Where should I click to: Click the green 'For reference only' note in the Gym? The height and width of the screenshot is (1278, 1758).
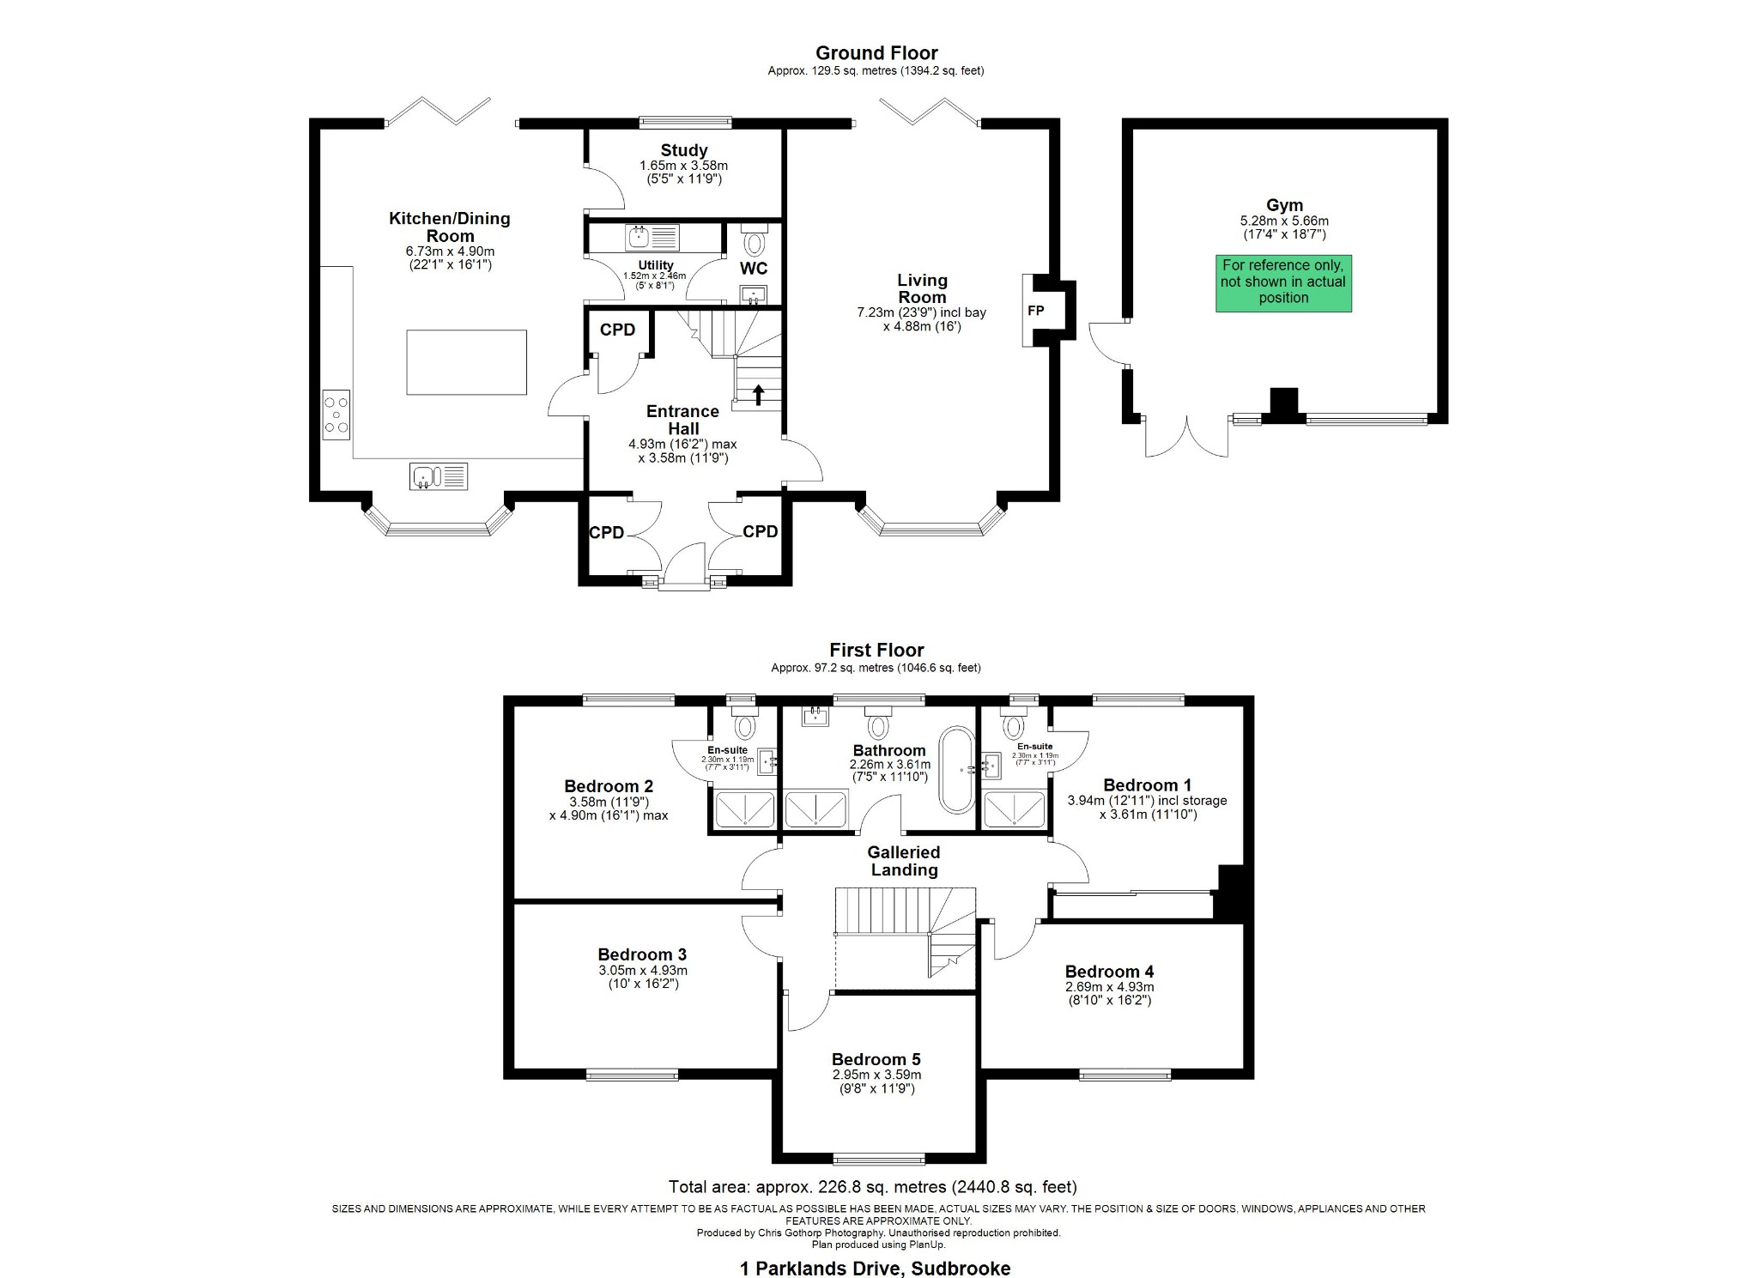(1282, 282)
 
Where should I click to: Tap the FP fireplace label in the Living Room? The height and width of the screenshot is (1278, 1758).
(1035, 311)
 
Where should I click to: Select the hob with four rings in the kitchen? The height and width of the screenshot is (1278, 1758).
(336, 415)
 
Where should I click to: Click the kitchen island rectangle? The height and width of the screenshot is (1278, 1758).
(466, 362)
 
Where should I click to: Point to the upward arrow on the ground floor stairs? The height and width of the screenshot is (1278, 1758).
(758, 394)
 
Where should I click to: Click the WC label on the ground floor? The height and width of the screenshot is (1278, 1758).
(753, 269)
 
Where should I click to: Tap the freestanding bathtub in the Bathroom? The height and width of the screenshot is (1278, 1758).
(956, 770)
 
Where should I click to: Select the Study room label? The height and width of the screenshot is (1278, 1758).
(683, 150)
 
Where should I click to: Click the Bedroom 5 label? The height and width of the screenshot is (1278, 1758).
(876, 1059)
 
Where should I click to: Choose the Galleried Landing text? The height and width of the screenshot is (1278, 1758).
(903, 861)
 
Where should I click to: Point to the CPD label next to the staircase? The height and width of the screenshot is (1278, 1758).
(617, 330)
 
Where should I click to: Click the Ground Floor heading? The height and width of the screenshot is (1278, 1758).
(876, 53)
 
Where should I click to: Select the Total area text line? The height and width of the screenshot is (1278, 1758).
(872, 1187)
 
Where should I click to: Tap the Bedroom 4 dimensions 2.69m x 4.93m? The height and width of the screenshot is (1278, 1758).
(1109, 987)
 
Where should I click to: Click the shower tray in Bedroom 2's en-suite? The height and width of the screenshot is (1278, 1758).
(744, 809)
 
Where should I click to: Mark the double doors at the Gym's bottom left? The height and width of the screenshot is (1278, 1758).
(1188, 437)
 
